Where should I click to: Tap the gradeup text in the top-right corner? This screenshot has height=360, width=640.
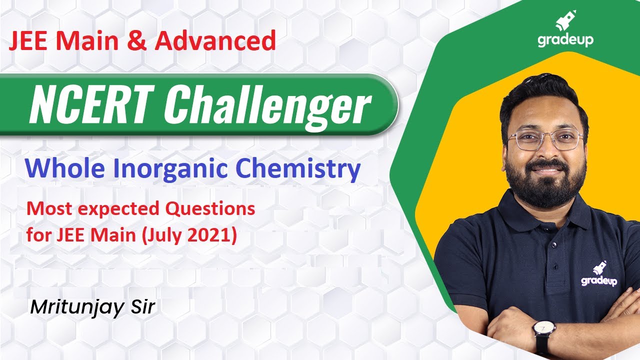point(565,39)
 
